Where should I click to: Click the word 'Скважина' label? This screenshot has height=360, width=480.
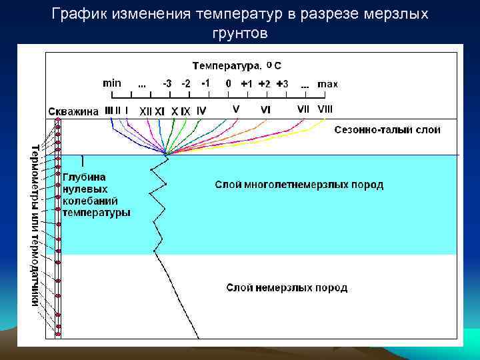[x=73, y=111]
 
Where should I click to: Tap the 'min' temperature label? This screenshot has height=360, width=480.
[x=111, y=83]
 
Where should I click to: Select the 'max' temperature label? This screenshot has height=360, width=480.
[x=327, y=84]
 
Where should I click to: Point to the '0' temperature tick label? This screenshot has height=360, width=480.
[x=229, y=84]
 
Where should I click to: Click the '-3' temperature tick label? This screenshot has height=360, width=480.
[x=167, y=84]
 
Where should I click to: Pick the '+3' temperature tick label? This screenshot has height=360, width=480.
[x=283, y=84]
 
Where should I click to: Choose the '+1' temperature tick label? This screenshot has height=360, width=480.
[x=247, y=84]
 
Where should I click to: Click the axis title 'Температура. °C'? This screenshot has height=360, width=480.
[x=237, y=65]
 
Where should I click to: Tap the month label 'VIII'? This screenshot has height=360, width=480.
[x=325, y=109]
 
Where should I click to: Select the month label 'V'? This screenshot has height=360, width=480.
[x=236, y=109]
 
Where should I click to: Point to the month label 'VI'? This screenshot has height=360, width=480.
[x=265, y=109]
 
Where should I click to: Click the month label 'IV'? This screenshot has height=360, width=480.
[x=201, y=110]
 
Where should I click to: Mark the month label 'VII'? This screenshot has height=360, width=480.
[x=303, y=109]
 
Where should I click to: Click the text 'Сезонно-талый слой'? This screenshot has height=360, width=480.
[x=387, y=130]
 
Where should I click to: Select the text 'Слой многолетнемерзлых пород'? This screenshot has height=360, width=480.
[x=299, y=185]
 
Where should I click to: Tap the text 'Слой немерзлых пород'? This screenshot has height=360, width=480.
[x=287, y=288]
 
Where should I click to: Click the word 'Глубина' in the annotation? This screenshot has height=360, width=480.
[x=84, y=177]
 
